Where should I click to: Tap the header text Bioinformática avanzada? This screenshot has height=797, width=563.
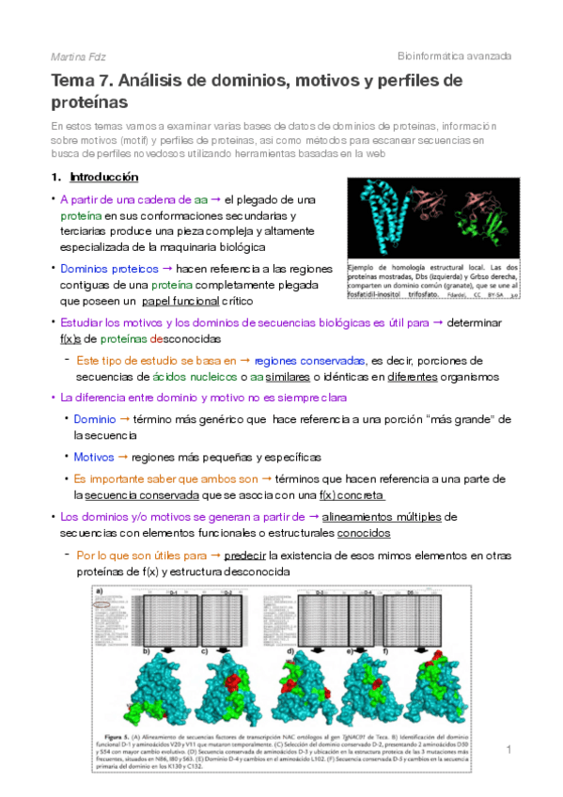[x=455, y=56]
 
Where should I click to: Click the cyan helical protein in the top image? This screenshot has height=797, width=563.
[x=383, y=215]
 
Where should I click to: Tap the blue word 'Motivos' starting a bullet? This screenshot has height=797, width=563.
[x=94, y=457]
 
